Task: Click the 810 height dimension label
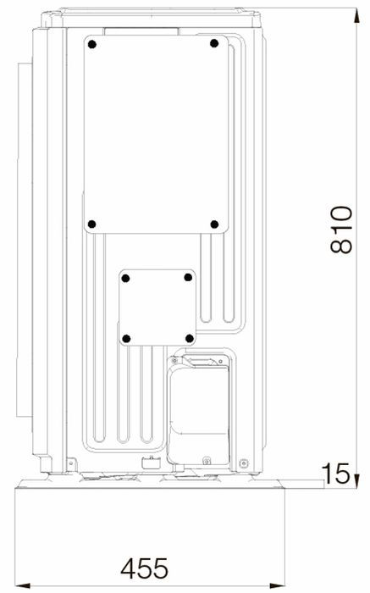(x=341, y=230)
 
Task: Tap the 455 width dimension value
(x=145, y=568)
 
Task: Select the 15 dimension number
(x=335, y=473)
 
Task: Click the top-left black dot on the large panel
(x=91, y=45)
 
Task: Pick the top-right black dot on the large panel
(x=214, y=43)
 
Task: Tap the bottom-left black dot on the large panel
(x=91, y=224)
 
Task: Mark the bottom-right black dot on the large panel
(x=214, y=224)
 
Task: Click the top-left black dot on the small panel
(x=126, y=279)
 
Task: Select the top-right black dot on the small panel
(x=188, y=278)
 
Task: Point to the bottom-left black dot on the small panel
(x=127, y=339)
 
